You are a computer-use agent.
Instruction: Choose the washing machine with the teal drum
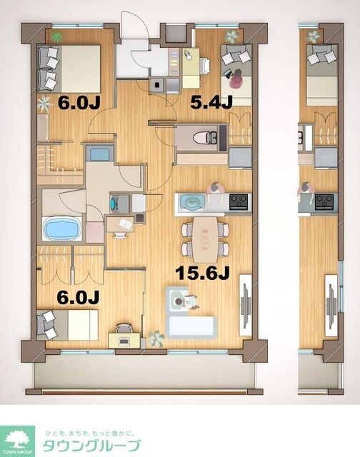pyautogui.click(x=116, y=203)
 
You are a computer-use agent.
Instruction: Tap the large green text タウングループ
pyautogui.click(x=90, y=446)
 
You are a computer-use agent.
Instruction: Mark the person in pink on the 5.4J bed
pyautogui.click(x=238, y=74)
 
